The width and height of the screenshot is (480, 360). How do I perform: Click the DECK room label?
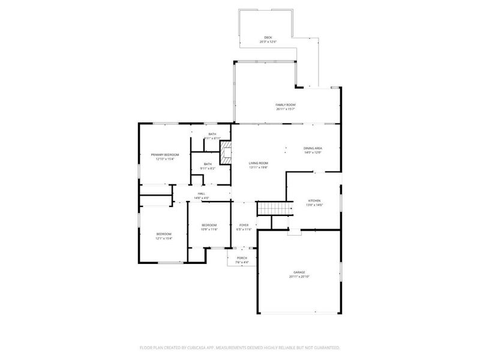(x=268, y=37)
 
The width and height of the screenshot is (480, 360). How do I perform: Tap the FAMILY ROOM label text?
(x=286, y=104)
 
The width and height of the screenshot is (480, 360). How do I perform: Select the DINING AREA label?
(x=313, y=148)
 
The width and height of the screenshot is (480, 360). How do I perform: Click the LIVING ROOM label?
(x=259, y=163)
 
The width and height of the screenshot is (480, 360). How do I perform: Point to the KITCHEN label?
(x=314, y=200)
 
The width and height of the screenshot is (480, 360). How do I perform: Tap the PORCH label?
(x=241, y=257)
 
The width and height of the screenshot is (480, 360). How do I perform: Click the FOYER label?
(x=244, y=224)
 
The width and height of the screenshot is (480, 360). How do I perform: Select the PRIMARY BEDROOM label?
(x=164, y=154)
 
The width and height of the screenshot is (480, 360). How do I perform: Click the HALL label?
(x=201, y=193)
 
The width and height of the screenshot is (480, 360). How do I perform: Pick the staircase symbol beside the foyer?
(x=274, y=208)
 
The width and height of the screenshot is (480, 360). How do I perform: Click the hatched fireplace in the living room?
(x=225, y=152)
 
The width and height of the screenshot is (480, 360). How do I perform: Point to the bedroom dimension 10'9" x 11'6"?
(x=209, y=229)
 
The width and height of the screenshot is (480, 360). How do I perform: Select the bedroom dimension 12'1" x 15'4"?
(x=164, y=238)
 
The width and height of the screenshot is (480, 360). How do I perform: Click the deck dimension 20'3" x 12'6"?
(x=268, y=41)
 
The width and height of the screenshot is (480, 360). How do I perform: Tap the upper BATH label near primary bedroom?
(x=212, y=134)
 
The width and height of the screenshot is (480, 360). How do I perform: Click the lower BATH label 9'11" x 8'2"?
(x=208, y=168)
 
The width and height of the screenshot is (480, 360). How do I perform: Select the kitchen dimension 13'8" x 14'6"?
(x=314, y=205)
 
